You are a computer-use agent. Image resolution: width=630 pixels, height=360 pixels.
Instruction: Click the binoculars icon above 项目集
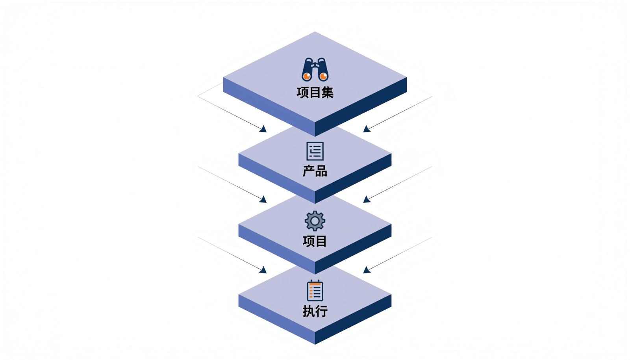click(x=315, y=69)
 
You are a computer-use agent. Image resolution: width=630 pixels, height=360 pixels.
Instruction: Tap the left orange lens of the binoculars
click(x=307, y=76)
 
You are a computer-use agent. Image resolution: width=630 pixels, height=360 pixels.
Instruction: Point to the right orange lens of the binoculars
click(x=323, y=76)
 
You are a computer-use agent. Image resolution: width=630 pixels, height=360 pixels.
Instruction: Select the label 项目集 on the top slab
click(x=315, y=93)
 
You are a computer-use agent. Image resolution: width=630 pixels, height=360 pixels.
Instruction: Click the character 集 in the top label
click(x=327, y=93)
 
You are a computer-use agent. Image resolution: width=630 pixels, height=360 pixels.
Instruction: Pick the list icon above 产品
click(x=315, y=151)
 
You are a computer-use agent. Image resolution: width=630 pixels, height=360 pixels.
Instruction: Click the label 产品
click(x=315, y=171)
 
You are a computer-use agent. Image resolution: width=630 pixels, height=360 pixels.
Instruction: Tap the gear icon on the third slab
click(x=315, y=221)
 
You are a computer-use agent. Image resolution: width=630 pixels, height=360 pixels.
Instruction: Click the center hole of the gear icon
click(x=315, y=221)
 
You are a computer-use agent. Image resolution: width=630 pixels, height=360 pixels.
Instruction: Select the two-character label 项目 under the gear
click(x=315, y=241)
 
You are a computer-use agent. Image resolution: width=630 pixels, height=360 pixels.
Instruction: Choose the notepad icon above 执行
click(x=315, y=291)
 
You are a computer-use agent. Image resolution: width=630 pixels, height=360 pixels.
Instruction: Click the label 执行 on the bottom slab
click(x=315, y=311)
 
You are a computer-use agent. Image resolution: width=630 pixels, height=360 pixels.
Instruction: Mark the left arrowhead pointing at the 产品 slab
click(x=263, y=129)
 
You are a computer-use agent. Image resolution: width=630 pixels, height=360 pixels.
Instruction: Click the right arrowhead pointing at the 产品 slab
click(x=367, y=129)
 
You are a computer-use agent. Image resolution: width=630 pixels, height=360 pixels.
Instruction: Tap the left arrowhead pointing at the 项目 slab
click(x=263, y=199)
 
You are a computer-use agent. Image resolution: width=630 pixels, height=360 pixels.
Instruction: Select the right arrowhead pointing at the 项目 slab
click(x=367, y=199)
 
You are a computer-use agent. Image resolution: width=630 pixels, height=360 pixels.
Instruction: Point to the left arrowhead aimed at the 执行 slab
click(x=263, y=270)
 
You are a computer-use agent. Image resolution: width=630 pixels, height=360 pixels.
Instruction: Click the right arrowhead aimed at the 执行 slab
click(x=367, y=270)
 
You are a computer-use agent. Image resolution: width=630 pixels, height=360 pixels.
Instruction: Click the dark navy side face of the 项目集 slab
click(x=361, y=107)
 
